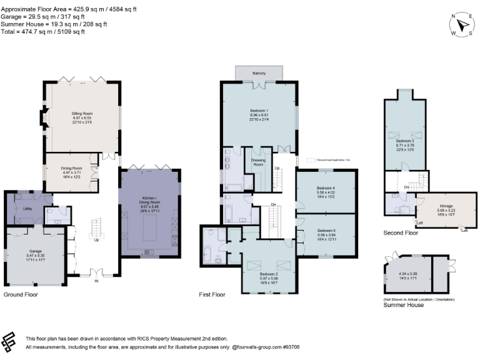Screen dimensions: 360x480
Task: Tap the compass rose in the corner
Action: (462, 25)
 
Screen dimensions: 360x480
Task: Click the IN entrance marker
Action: (96, 281)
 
